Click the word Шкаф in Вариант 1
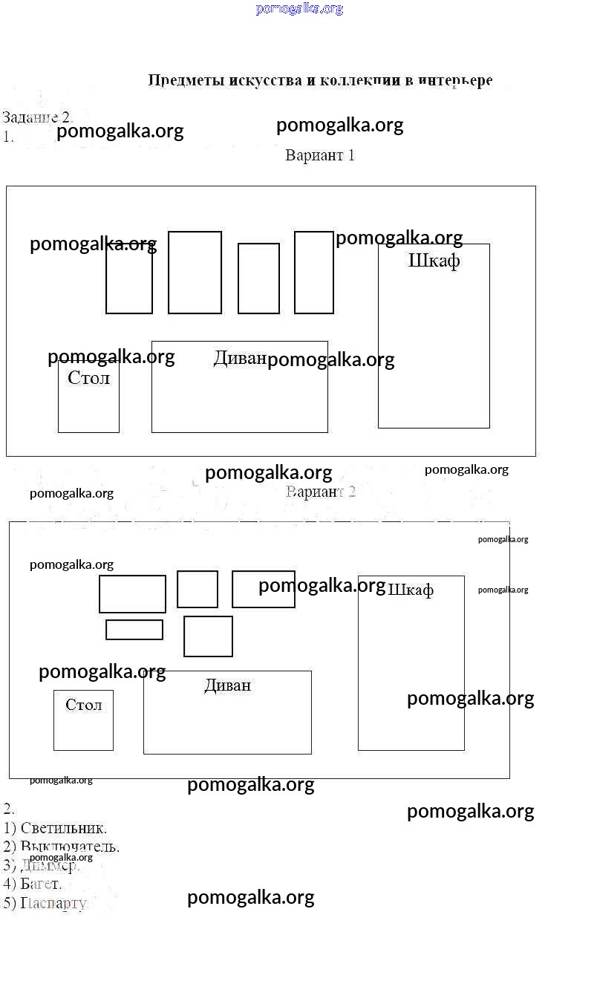434,261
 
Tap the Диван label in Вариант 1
239,358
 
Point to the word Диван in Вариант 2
227,685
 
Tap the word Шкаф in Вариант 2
411,590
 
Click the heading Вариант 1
320,155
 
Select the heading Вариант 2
320,492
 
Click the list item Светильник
63,827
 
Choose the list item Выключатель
70,847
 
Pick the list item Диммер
49,865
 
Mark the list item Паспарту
54,903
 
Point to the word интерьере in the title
455,80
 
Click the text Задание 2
36,117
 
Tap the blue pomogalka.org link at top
299,9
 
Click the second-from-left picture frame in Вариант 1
195,273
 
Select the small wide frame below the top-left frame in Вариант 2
134,629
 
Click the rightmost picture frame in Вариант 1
313,273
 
